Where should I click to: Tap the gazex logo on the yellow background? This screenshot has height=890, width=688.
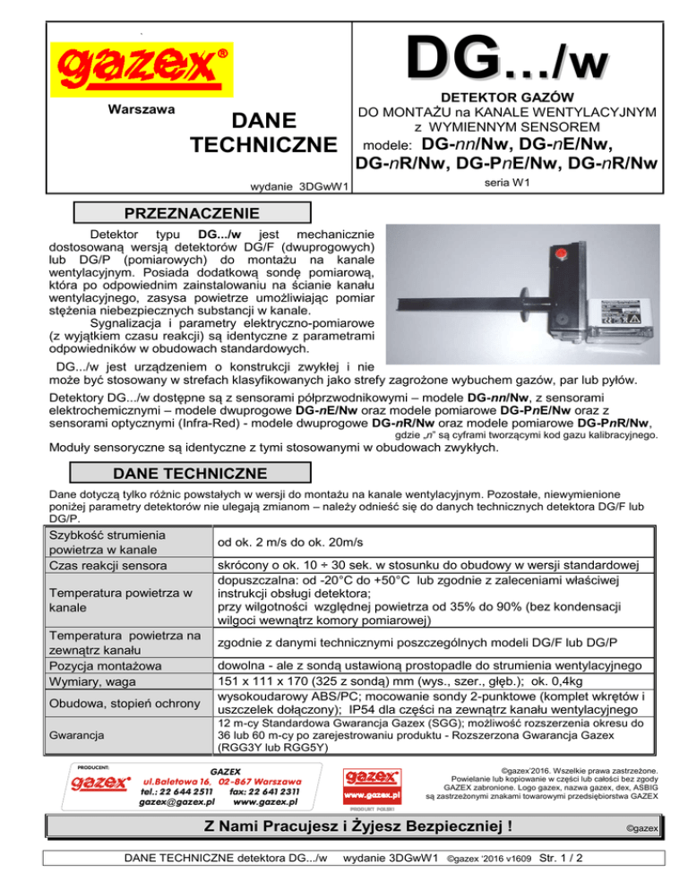point(140,65)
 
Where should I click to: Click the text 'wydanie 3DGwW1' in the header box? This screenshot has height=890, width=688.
point(299,186)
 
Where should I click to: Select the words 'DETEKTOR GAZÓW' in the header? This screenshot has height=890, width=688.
point(508,96)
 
